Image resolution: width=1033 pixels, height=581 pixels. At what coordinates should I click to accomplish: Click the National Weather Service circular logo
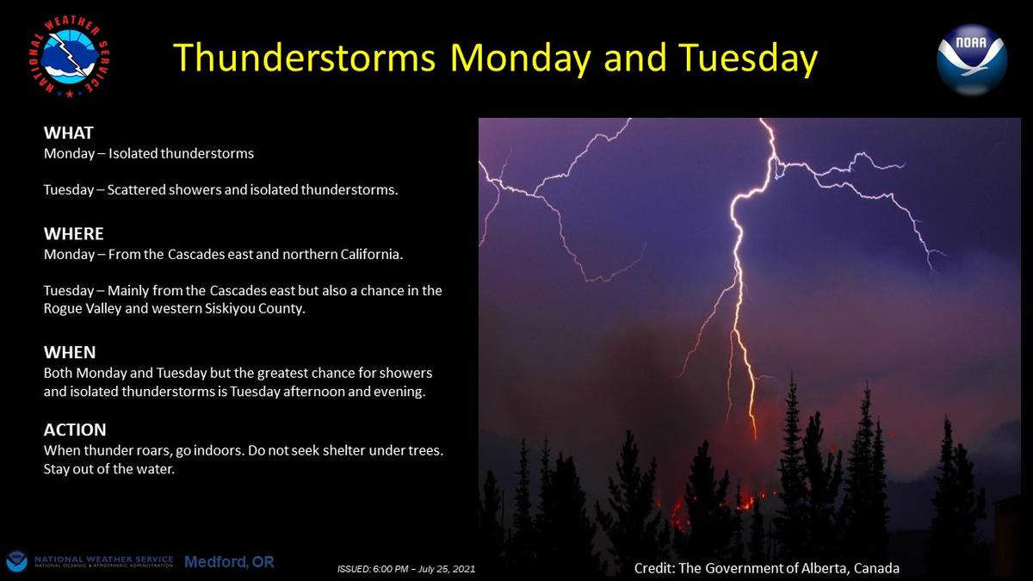click(69, 57)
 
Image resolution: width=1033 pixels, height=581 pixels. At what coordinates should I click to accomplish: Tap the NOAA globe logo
click(972, 59)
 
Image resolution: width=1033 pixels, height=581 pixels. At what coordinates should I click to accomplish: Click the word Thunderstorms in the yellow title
click(305, 58)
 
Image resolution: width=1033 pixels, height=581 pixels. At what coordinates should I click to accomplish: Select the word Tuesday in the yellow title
click(747, 59)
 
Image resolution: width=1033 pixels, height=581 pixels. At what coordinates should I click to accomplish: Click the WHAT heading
click(68, 133)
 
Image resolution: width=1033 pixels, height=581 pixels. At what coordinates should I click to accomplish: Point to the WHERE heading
click(74, 234)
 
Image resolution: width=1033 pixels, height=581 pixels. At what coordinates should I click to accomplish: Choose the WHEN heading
click(70, 352)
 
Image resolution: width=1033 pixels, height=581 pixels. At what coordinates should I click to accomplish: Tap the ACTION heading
click(75, 430)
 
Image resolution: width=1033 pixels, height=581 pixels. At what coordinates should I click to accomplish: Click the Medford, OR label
click(229, 561)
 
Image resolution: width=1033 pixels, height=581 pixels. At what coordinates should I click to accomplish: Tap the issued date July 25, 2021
click(447, 569)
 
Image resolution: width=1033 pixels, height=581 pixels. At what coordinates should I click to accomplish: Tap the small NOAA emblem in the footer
click(16, 562)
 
